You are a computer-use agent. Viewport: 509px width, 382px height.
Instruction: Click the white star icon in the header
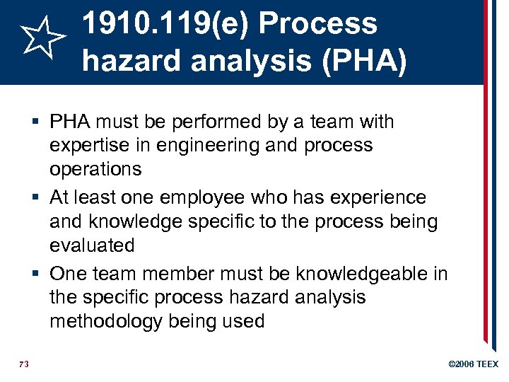42,41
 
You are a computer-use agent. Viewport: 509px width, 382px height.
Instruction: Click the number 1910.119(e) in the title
165,24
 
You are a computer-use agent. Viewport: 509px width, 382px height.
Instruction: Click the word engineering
210,146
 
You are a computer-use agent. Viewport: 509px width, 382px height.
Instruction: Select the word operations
95,170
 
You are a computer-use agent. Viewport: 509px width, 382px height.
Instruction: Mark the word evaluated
92,245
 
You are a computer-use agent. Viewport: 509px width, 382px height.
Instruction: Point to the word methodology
106,321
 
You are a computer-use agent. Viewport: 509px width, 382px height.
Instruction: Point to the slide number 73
23,364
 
